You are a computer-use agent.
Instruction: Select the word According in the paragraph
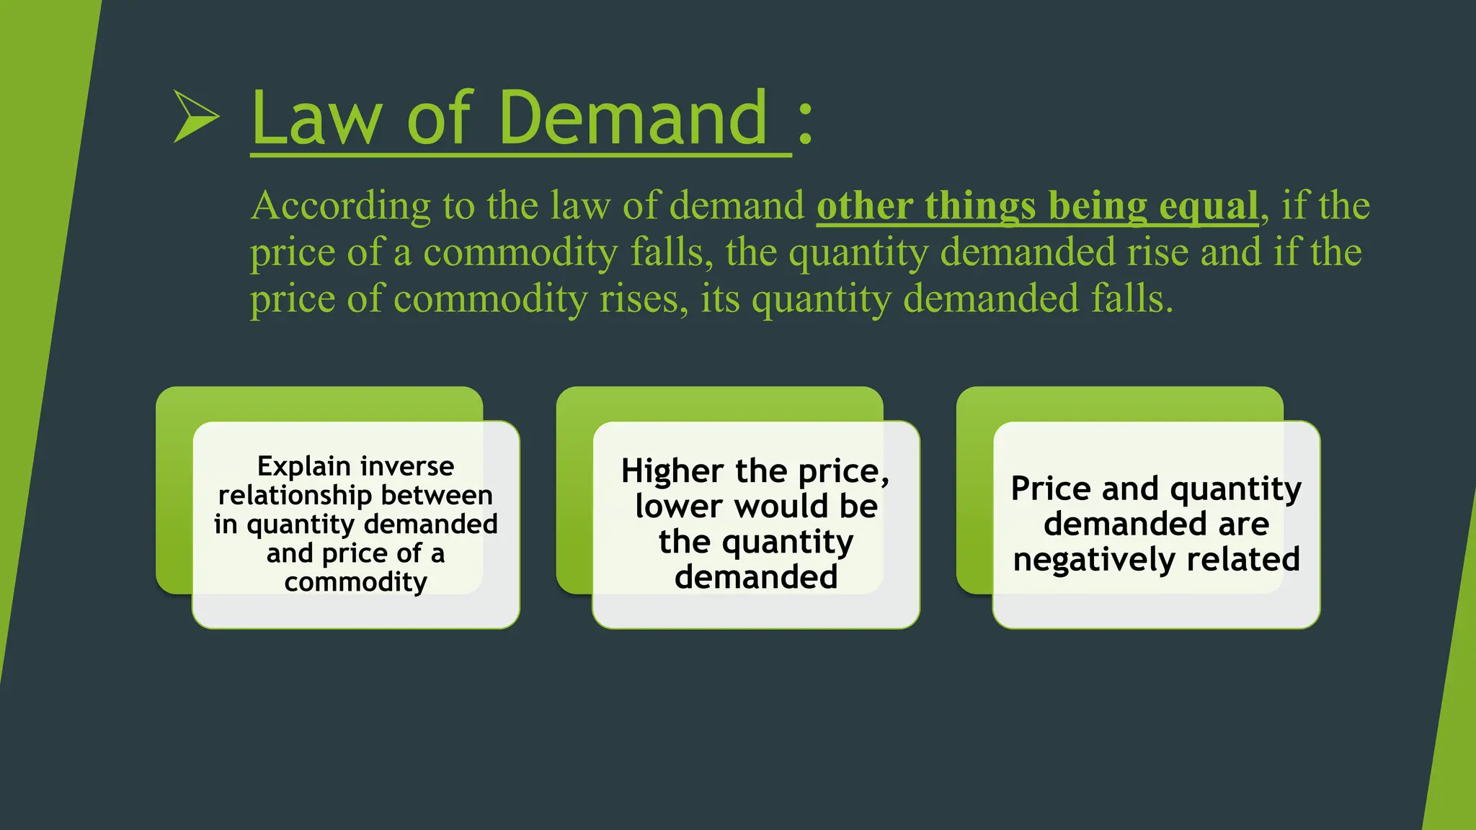click(340, 207)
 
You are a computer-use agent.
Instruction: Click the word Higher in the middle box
click(672, 471)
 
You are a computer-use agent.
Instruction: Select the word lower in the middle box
click(679, 507)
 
